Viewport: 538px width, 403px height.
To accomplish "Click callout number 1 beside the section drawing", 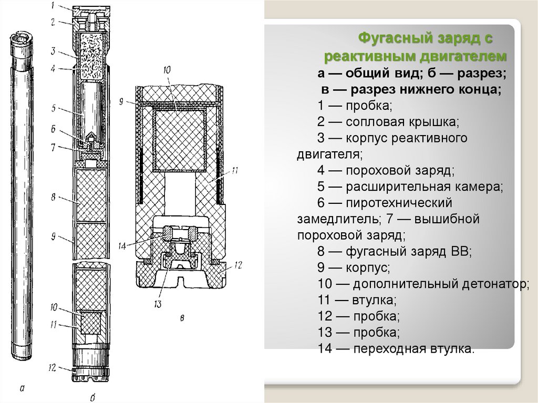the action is pyautogui.click(x=53, y=6).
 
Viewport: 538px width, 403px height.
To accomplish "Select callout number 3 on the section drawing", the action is pyautogui.click(x=53, y=51).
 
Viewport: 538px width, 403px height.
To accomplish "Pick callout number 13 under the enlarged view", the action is pyautogui.click(x=158, y=304).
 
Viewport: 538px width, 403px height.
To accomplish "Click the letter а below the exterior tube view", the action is pyautogui.click(x=21, y=389).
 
